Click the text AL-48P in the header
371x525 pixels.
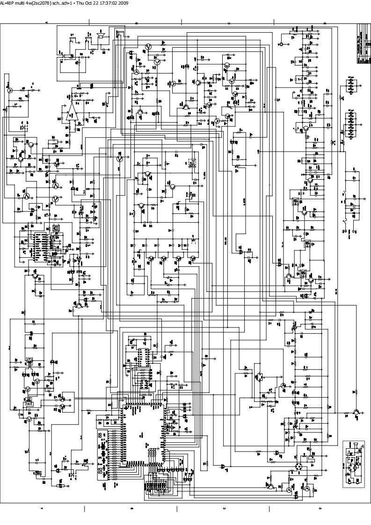pyautogui.click(x=7, y=3)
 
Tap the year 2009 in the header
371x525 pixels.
pyautogui.click(x=124, y=3)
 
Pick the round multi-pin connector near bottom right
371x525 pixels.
pyautogui.click(x=299, y=467)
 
